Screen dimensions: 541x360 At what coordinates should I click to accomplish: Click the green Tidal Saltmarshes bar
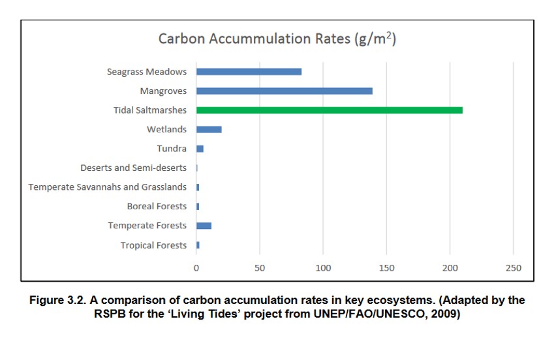coord(330,110)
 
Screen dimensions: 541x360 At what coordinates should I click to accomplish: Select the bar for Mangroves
coord(285,91)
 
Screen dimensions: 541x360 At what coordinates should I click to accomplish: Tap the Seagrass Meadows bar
coord(249,72)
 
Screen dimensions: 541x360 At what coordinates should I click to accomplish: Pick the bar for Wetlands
coord(209,130)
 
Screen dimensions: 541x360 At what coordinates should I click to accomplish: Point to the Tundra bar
coord(200,149)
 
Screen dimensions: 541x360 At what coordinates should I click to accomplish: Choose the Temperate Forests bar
coord(204,226)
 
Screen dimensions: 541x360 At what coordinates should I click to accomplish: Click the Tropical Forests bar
coord(198,245)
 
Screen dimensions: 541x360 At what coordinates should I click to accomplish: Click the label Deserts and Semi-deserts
coord(134,168)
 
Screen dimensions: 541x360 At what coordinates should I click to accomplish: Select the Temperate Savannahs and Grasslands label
coord(107,187)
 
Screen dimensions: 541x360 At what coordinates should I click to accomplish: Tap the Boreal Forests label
coord(157,206)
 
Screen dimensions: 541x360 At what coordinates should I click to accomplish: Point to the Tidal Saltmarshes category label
coord(150,110)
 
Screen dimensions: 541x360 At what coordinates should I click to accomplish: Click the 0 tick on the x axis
coord(196,268)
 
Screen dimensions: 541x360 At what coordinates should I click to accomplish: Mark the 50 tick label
coord(260,268)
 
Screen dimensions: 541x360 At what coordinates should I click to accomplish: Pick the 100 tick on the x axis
coord(323,268)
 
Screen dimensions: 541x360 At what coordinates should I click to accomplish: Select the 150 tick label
coord(387,268)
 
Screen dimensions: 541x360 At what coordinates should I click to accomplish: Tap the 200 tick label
coord(450,268)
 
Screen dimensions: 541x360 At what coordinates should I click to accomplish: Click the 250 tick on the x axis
coord(514,268)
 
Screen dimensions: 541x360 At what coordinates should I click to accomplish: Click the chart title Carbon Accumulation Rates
coord(255,38)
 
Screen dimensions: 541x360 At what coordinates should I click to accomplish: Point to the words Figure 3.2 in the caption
coord(57,301)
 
